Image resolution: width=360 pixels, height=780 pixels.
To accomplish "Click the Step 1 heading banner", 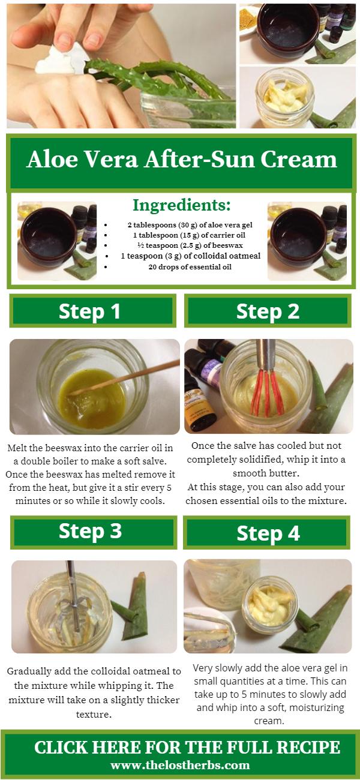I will click(x=92, y=311).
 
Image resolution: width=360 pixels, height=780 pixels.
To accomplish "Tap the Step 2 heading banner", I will click(x=267, y=311).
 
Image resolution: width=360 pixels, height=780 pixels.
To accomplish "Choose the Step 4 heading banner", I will click(x=268, y=533).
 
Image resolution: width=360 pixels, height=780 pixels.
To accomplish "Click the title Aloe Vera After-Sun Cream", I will click(x=181, y=160).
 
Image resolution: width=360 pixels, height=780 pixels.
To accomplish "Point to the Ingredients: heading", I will click(x=181, y=205).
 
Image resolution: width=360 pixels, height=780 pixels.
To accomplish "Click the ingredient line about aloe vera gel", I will click(x=181, y=224).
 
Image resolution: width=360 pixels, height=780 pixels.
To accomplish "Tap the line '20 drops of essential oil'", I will click(x=181, y=267).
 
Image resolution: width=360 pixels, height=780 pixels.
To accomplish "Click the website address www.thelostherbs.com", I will click(x=180, y=765).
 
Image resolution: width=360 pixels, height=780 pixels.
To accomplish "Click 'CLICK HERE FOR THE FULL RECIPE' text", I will click(x=187, y=747).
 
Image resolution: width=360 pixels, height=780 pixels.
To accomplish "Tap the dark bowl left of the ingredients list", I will click(x=45, y=237).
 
